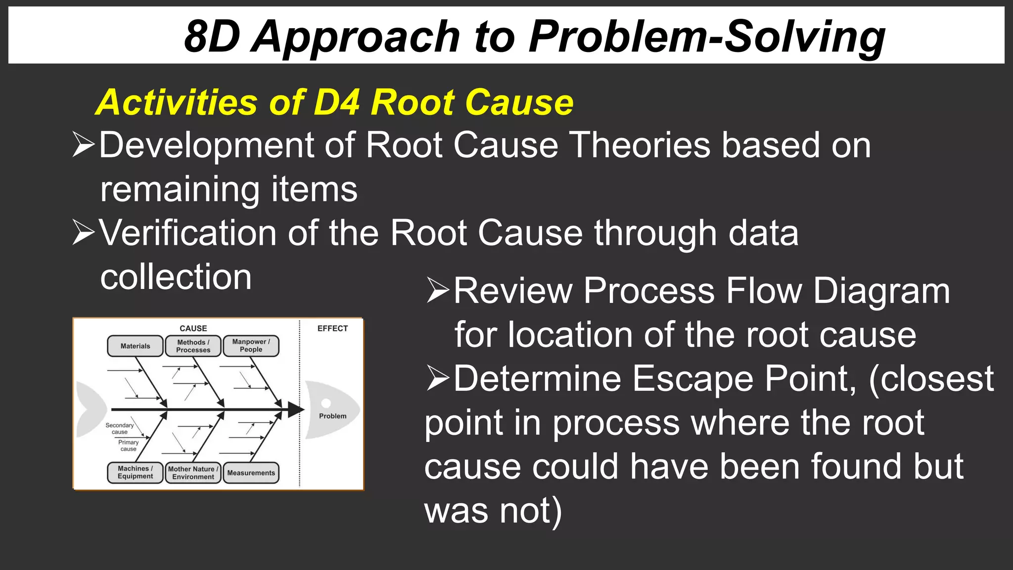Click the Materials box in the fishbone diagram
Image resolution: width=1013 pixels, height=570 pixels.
point(135,346)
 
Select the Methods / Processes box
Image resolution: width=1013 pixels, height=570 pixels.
point(193,346)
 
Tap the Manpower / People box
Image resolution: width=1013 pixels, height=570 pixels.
point(251,345)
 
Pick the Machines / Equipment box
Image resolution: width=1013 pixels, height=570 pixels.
point(135,472)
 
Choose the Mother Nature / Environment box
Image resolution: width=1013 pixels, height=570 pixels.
point(193,473)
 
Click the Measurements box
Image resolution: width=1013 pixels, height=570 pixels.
point(251,473)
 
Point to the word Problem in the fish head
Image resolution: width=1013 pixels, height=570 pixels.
point(332,416)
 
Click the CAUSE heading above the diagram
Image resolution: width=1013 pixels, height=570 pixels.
point(193,329)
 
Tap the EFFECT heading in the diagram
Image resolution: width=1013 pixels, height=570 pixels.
point(332,329)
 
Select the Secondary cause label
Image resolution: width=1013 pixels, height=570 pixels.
point(119,428)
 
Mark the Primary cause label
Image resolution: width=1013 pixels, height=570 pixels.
point(128,445)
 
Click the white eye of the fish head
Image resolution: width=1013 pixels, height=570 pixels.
point(326,403)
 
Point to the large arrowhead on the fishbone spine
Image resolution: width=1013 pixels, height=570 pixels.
point(296,410)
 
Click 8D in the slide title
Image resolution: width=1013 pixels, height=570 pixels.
point(212,37)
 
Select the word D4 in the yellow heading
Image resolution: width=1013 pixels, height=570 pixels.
point(336,102)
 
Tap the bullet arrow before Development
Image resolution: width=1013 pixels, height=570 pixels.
point(83,144)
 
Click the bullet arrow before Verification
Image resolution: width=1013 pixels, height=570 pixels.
point(83,232)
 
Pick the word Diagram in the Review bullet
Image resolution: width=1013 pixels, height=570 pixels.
point(881,291)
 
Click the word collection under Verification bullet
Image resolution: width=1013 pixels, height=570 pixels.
point(176,277)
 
